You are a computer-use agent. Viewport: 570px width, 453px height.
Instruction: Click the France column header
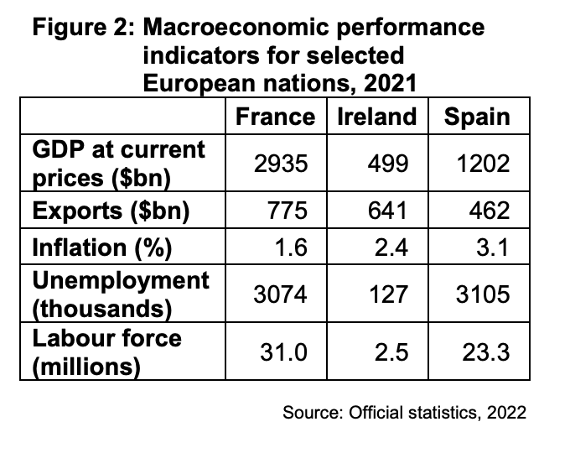(275, 116)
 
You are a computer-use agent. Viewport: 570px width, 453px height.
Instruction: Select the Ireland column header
(376, 116)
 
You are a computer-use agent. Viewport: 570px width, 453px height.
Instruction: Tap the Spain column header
(476, 116)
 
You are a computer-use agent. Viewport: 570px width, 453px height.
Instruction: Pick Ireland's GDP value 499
(388, 164)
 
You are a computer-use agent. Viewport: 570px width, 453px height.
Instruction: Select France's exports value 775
(287, 211)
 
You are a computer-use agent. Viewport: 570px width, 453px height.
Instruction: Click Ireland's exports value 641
(388, 211)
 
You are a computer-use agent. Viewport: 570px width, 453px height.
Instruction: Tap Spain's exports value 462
(490, 211)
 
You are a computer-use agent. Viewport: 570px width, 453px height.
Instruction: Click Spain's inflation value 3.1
(494, 248)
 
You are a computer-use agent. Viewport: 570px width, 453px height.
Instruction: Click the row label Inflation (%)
(101, 248)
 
